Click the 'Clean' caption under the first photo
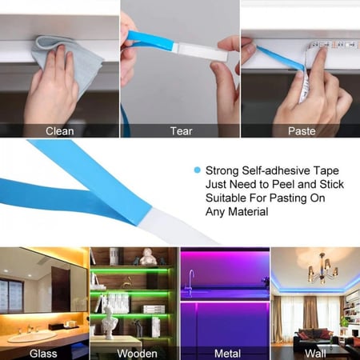tap(59, 131)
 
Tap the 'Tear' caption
tap(180, 131)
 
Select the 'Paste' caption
tap(301, 131)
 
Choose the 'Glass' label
tap(43, 352)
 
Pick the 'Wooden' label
tap(137, 352)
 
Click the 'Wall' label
tap(315, 352)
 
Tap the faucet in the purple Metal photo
tap(192, 281)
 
